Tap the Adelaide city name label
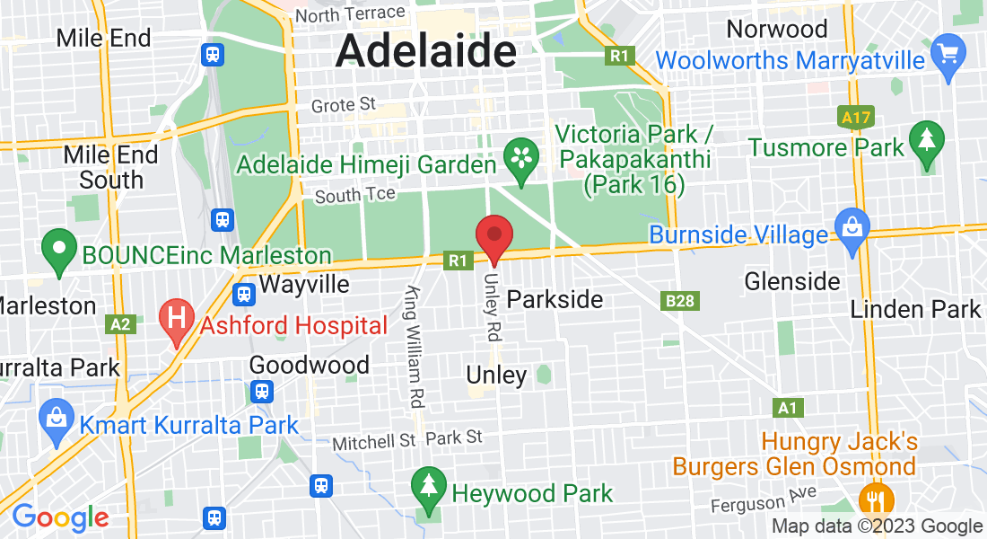coord(426,52)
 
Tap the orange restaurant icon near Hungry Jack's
coord(871,499)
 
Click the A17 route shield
coord(854,117)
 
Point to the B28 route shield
coord(680,301)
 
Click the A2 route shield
coord(121,324)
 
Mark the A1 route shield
coord(787,408)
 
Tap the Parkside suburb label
coord(555,299)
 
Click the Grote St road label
coord(343,105)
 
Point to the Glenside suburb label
coord(792,281)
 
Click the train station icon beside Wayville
coord(243,294)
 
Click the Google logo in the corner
coord(60,517)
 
